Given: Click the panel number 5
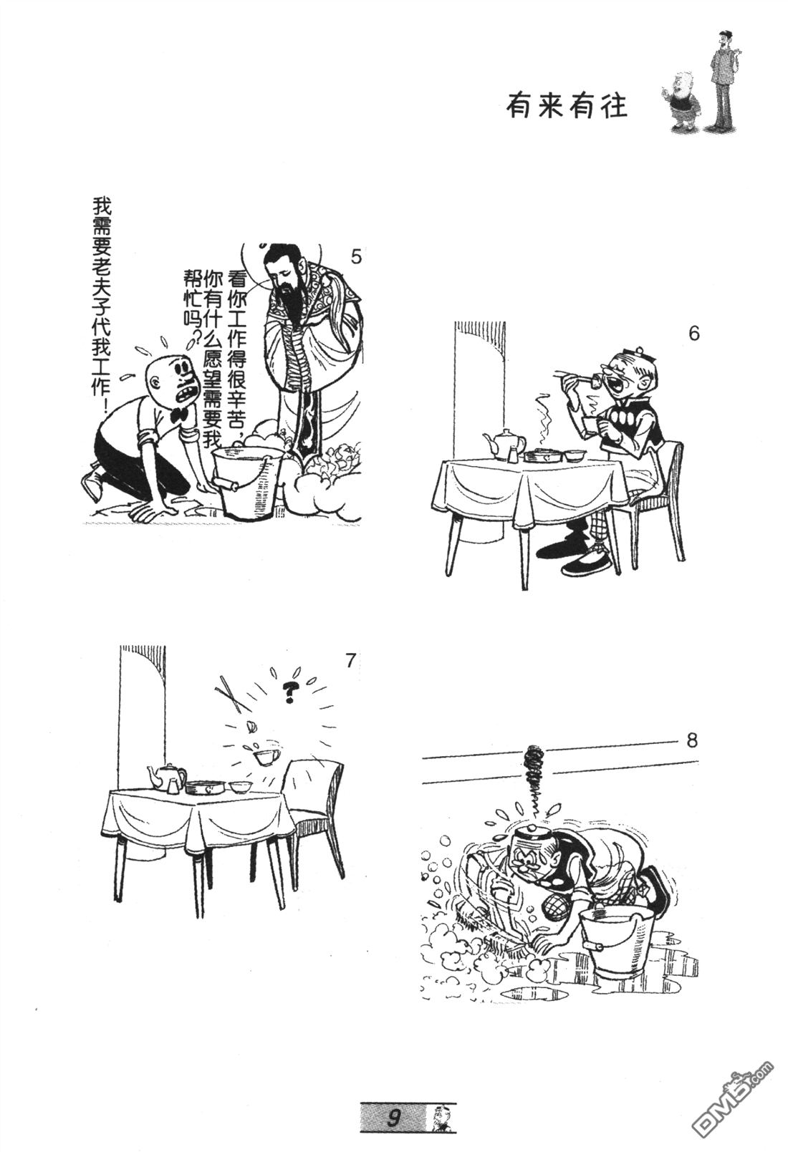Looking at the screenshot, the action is pyautogui.click(x=355, y=256).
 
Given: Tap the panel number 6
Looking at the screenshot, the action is pyautogui.click(x=693, y=334).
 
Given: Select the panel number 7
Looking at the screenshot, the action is pyautogui.click(x=350, y=660).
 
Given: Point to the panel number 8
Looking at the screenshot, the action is pyautogui.click(x=691, y=741).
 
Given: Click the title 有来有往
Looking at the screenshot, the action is pyautogui.click(x=567, y=107).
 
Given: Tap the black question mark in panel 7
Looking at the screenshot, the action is pyautogui.click(x=289, y=693).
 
